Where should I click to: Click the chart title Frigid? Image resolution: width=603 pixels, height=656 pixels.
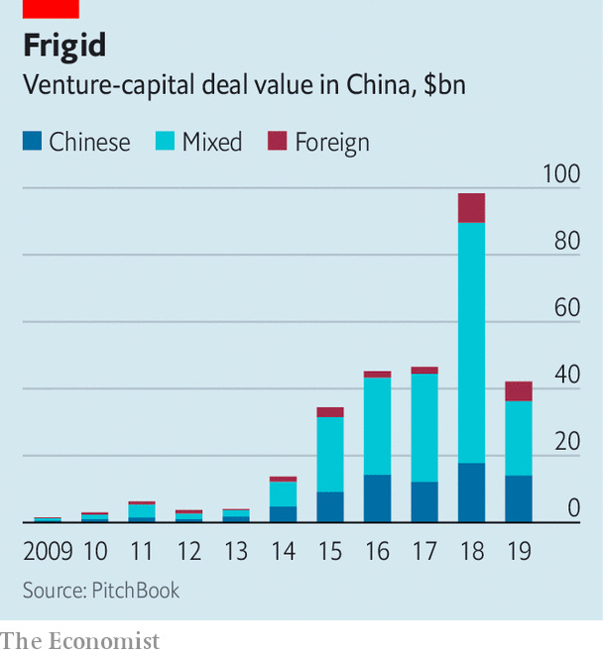click(x=64, y=47)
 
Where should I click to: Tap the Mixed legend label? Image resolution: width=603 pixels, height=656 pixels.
click(x=212, y=142)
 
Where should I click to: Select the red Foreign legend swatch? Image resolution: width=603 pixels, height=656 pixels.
click(x=278, y=142)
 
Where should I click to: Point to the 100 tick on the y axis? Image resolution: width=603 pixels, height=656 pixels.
click(x=561, y=174)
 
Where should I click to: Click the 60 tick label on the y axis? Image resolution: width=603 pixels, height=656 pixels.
click(x=567, y=308)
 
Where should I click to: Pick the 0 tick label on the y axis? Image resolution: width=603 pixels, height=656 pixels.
click(x=573, y=509)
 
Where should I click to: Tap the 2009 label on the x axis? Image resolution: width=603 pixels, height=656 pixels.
click(x=48, y=550)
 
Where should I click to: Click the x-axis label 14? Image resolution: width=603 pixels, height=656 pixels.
click(x=283, y=550)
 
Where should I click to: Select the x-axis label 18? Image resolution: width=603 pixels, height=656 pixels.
click(x=471, y=550)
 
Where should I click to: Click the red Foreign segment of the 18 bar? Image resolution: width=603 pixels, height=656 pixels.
click(x=471, y=208)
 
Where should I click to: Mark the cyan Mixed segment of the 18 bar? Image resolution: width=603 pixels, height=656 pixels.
click(x=471, y=342)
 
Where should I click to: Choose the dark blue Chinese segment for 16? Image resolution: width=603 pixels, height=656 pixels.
click(x=377, y=498)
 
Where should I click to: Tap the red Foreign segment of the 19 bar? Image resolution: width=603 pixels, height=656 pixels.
click(x=519, y=391)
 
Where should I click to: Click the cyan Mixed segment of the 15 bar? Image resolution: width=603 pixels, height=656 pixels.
click(x=330, y=454)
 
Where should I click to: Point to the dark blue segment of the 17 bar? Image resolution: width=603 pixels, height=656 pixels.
click(x=424, y=501)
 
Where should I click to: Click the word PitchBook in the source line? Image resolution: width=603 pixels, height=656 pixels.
click(x=136, y=591)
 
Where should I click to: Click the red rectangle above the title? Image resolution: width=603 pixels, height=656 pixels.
click(x=50, y=8)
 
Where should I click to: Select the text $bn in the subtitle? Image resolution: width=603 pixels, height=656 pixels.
click(x=444, y=85)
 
